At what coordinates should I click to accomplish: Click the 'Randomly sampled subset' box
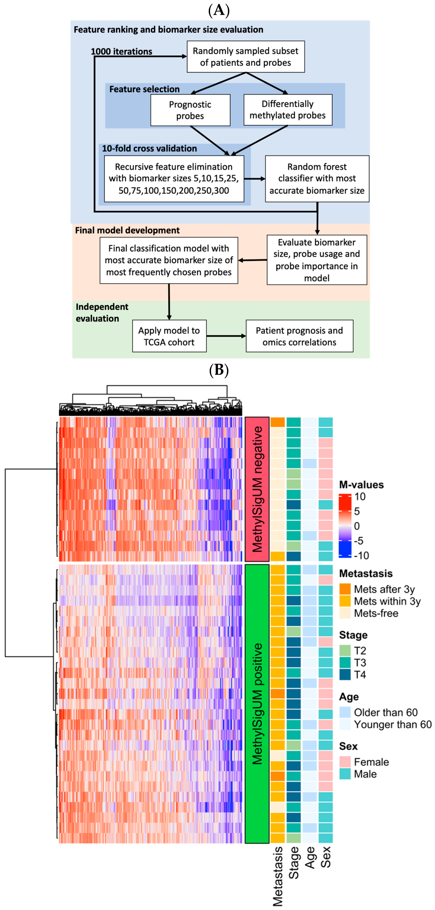click(x=245, y=57)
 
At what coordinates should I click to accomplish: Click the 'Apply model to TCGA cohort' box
click(x=169, y=336)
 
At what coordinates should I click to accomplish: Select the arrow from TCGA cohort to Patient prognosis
click(x=226, y=336)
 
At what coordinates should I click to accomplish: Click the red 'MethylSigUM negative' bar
click(x=257, y=489)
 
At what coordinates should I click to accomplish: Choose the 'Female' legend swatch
click(x=345, y=762)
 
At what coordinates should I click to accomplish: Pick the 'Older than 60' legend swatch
click(x=345, y=713)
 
